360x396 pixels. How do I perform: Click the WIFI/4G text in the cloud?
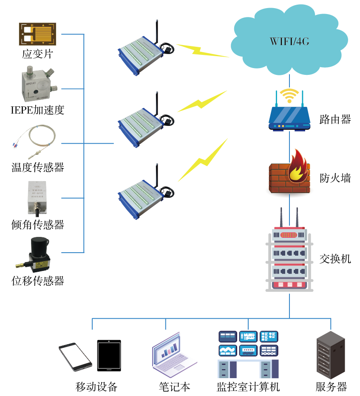(x=289, y=42)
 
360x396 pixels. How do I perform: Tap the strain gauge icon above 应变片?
(x=37, y=34)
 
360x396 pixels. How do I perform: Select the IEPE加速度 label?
(x=37, y=110)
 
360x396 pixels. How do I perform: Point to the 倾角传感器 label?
(x=37, y=225)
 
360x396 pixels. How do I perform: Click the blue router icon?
(x=289, y=119)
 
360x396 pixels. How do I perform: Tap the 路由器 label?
(x=335, y=120)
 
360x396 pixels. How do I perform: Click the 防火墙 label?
(x=335, y=178)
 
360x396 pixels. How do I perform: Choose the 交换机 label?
(x=335, y=258)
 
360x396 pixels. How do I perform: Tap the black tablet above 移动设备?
(x=109, y=355)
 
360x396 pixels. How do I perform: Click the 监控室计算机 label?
(x=248, y=387)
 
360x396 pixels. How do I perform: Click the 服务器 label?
(x=331, y=387)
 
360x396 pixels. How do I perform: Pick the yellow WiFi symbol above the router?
(x=289, y=95)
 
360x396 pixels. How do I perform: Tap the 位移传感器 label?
(x=37, y=281)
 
